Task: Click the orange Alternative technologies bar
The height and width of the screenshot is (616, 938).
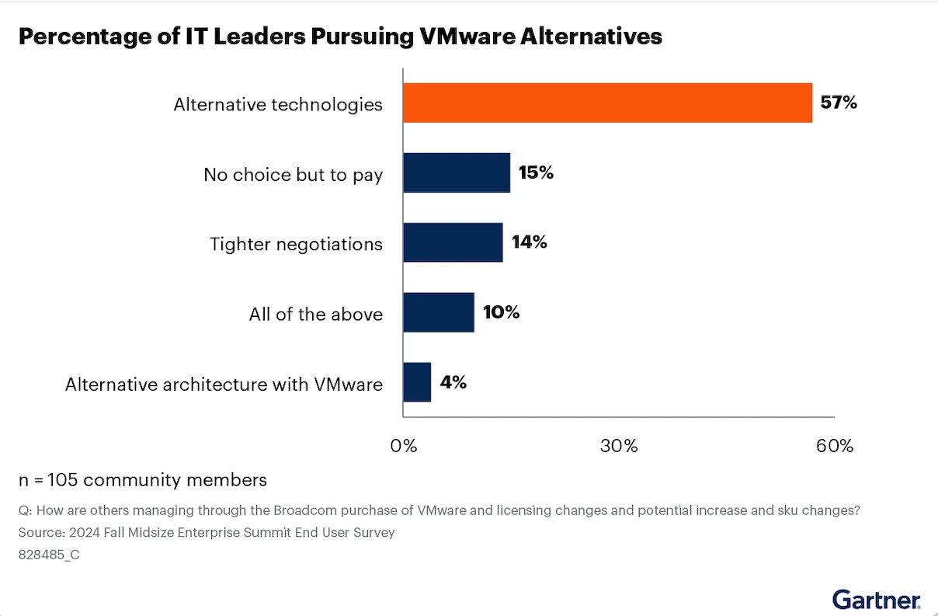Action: click(607, 103)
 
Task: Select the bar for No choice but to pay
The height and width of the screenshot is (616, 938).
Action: click(457, 172)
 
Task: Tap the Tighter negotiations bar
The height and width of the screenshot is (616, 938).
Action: click(453, 242)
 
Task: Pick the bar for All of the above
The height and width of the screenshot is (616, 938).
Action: click(439, 312)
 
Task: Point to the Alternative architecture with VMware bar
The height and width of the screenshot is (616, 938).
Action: click(417, 382)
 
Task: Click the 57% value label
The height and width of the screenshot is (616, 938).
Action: click(839, 103)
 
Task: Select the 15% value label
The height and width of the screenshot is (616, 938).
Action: click(536, 172)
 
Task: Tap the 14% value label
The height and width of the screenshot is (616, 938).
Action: click(529, 242)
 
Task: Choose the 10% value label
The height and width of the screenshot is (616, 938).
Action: click(501, 312)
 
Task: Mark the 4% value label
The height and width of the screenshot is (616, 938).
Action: click(453, 382)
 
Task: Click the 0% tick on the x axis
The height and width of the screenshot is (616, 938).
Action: click(404, 446)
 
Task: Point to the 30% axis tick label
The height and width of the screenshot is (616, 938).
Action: click(619, 446)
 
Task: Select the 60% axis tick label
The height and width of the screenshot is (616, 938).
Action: click(835, 446)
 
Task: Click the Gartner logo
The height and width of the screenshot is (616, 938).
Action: click(877, 599)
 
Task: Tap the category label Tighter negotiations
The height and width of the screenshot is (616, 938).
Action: click(296, 244)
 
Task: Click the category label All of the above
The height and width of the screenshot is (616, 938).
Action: click(315, 314)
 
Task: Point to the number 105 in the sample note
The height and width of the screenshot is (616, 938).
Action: click(63, 480)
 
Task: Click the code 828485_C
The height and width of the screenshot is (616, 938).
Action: click(49, 555)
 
